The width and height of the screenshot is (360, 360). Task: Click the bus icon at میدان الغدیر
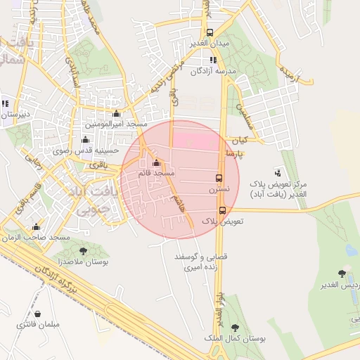pos(209,32)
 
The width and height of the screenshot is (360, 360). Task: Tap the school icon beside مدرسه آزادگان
pos(213,60)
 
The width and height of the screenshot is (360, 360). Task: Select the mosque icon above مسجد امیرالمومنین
pos(117,113)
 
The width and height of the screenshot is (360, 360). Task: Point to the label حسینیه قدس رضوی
pos(83,150)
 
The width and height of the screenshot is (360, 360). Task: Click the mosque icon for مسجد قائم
pos(156,162)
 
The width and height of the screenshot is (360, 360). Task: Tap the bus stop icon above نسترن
pos(219,178)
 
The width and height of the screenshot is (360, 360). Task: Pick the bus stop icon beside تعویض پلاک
pos(222,210)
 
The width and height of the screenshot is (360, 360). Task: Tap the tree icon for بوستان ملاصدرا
pos(84,250)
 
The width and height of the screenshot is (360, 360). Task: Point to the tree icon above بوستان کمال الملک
pos(234,327)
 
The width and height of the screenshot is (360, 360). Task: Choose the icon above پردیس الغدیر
pos(342,273)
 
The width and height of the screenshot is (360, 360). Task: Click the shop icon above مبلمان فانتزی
pos(37,314)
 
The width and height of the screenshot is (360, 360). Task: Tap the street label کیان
pos(243,139)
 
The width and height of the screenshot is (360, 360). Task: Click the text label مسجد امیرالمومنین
pos(117,124)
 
